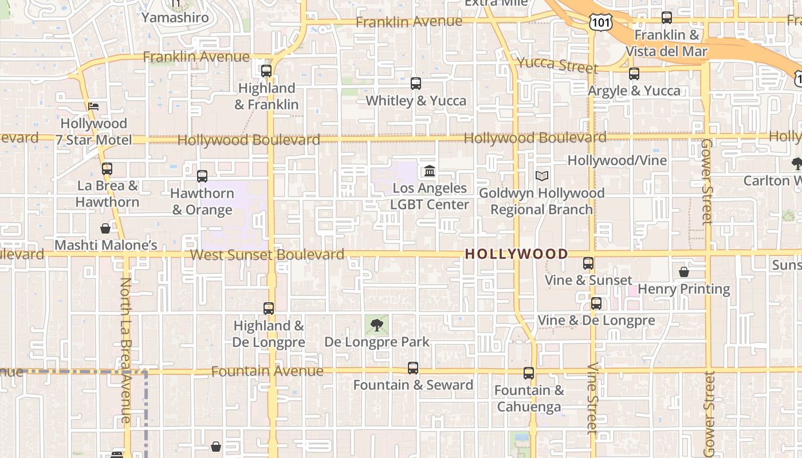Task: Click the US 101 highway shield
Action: [x=600, y=22]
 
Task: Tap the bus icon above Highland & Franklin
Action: [x=266, y=71]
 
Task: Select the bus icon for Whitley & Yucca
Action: [x=416, y=84]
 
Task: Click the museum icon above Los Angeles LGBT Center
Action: [x=430, y=171]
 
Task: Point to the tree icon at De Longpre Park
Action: [x=376, y=326]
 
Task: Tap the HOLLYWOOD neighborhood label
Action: [x=517, y=254]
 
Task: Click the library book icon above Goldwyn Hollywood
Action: [x=542, y=176]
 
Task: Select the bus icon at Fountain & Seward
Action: [x=413, y=368]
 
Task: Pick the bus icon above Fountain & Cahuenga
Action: [x=529, y=373]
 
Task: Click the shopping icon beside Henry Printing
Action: [x=684, y=271]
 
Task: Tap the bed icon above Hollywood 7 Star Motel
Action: [x=93, y=106]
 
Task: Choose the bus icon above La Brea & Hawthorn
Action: [x=107, y=169]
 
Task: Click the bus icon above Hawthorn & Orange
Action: [x=202, y=176]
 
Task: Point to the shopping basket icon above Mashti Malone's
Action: [x=105, y=228]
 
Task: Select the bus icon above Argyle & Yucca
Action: [x=634, y=74]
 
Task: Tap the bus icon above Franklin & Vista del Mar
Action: [x=667, y=18]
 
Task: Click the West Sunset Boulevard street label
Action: [x=267, y=255]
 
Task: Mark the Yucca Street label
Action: [x=557, y=65]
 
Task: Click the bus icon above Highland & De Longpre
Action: [x=269, y=309]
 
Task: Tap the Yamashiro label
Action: [x=175, y=17]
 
